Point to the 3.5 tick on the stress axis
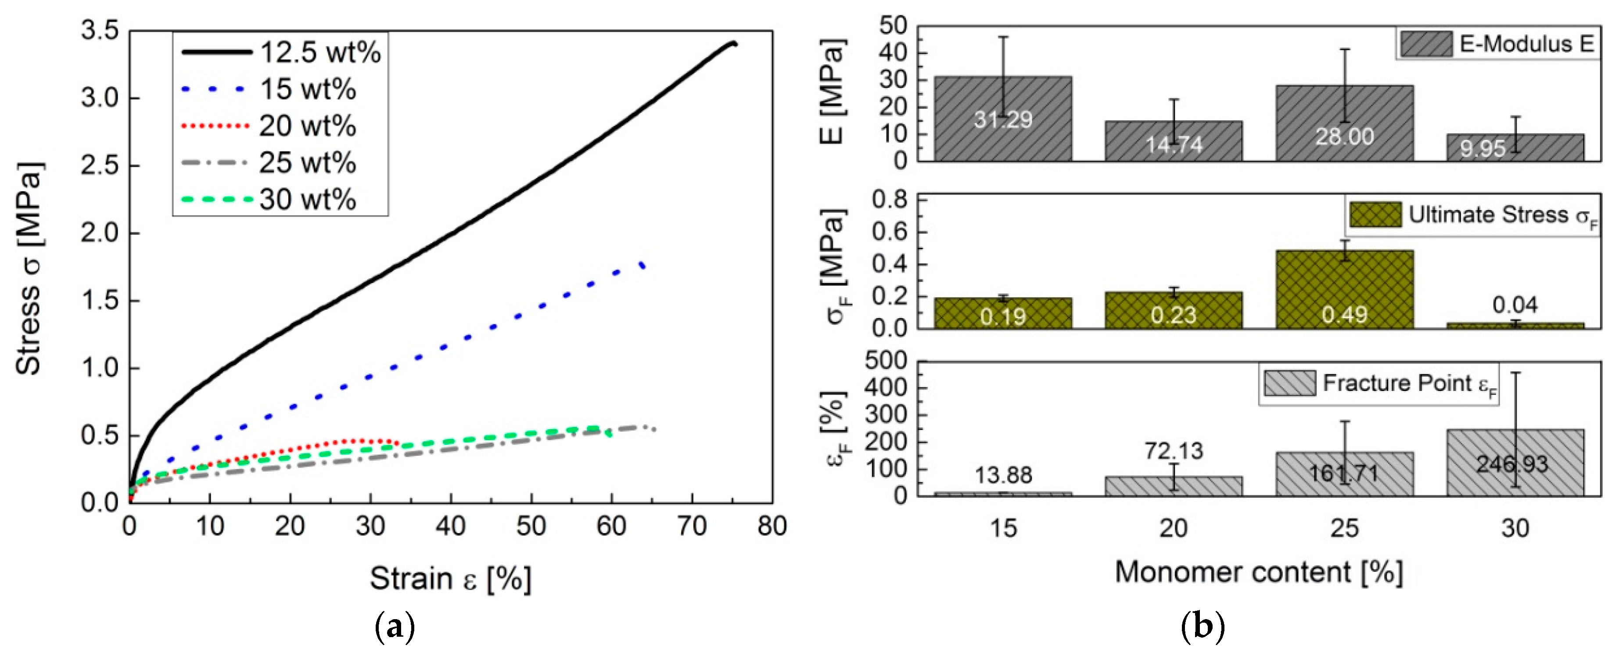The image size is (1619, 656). pyautogui.click(x=101, y=31)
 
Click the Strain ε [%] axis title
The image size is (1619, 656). pyautogui.click(x=450, y=577)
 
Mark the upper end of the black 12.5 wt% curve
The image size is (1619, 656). pyautogui.click(x=733, y=43)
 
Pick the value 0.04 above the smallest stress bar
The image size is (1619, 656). pyautogui.click(x=1515, y=305)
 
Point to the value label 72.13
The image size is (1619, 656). pyautogui.click(x=1174, y=451)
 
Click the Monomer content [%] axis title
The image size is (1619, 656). pyautogui.click(x=1259, y=572)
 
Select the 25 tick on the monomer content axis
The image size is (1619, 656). pyautogui.click(x=1344, y=528)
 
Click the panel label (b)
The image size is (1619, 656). pyautogui.click(x=1203, y=627)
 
